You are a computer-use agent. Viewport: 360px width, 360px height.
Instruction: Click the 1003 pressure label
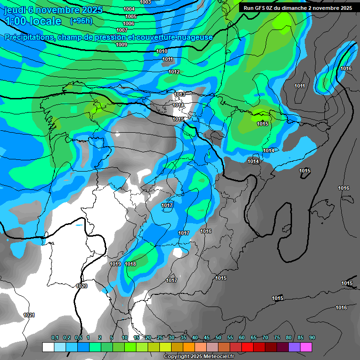pyautogui.click(x=145, y=2)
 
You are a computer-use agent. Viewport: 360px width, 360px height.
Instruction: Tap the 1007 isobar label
pyautogui.click(x=122, y=30)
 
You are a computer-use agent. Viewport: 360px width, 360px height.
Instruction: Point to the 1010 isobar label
pyautogui.click(x=162, y=51)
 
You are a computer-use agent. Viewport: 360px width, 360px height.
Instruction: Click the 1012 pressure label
pyautogui.click(x=174, y=72)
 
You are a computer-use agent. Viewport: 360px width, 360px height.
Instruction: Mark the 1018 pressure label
pyautogui.click(x=130, y=264)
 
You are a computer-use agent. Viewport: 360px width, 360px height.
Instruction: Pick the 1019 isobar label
pyautogui.click(x=115, y=264)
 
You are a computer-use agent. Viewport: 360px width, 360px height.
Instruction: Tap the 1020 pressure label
pyautogui.click(x=82, y=285)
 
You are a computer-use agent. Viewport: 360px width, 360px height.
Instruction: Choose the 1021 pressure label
pyautogui.click(x=29, y=315)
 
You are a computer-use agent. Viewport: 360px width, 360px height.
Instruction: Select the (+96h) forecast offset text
pyautogui.click(x=81, y=21)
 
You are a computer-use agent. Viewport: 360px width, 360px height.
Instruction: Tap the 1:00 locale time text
pyautogui.click(x=33, y=22)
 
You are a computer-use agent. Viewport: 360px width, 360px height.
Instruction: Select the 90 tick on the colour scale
pyautogui.click(x=312, y=337)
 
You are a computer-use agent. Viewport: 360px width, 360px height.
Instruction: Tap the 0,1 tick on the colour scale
pyautogui.click(x=55, y=337)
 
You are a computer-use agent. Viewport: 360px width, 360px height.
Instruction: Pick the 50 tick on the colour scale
pyautogui.click(x=218, y=337)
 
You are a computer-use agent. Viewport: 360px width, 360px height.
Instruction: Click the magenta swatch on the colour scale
pyautogui.click(x=306, y=347)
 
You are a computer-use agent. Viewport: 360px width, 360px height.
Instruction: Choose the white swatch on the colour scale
pyautogui.click(x=48, y=347)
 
